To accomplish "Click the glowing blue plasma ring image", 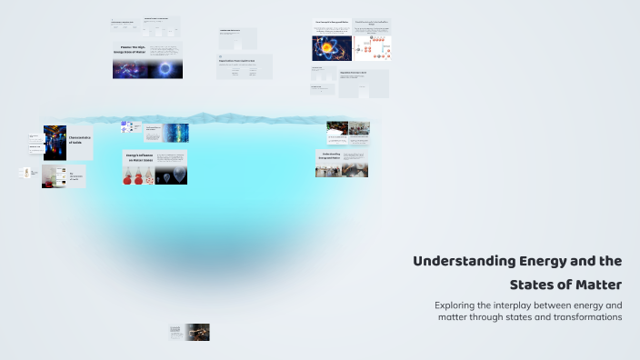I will click(x=165, y=68).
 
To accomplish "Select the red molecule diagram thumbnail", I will click(x=372, y=47).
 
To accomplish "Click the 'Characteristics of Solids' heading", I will click(x=80, y=141).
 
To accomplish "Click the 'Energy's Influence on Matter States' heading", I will click(x=137, y=158).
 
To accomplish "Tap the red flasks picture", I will click(x=138, y=175).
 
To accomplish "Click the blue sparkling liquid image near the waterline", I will click(x=175, y=133).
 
